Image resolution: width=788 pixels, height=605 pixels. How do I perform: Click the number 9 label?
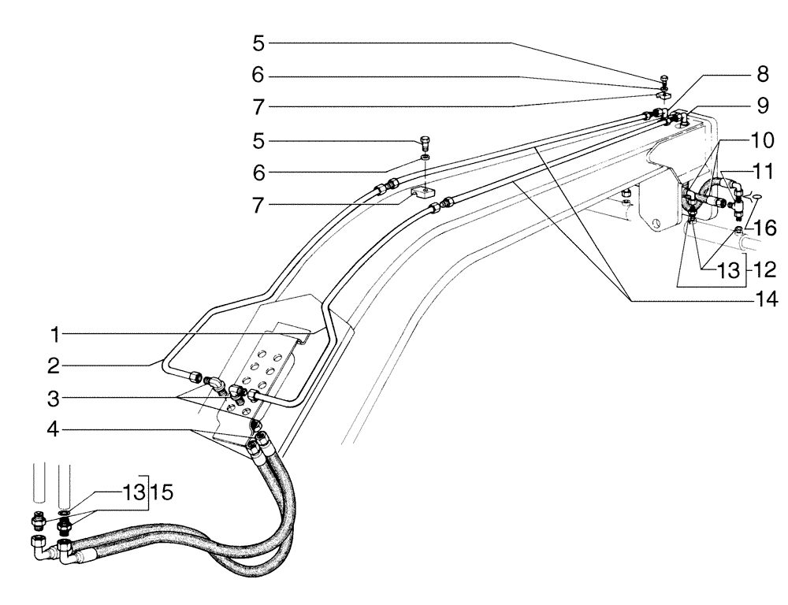coord(761,103)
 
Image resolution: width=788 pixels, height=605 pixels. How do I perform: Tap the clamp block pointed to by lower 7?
coord(423,192)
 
